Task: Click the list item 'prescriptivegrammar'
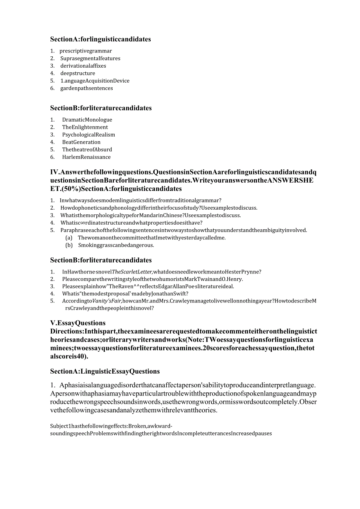[x=86, y=51]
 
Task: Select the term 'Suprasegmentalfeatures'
[x=90, y=58]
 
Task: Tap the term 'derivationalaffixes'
[x=83, y=66]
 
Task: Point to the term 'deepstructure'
[x=77, y=73]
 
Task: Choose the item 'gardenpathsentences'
[x=86, y=88]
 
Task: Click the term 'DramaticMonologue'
[x=87, y=120]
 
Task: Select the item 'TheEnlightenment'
[x=85, y=127]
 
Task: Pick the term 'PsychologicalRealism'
[x=88, y=135]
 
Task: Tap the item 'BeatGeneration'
[x=81, y=142]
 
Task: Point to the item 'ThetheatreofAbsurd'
[x=87, y=149]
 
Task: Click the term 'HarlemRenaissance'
[x=86, y=157]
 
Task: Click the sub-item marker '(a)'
[x=69, y=238]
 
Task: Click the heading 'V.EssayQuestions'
[x=78, y=323]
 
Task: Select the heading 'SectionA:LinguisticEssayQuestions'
[x=105, y=371]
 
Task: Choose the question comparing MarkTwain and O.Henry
[x=152, y=279]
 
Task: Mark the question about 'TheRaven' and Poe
[x=148, y=286]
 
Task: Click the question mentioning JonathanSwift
[x=125, y=293]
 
